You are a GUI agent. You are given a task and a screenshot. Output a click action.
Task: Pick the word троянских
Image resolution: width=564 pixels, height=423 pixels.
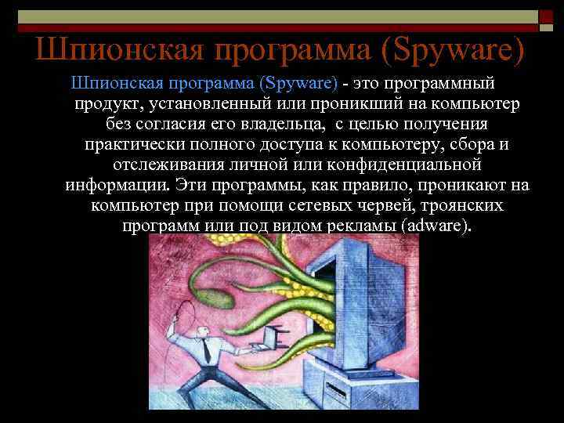coord(460,206)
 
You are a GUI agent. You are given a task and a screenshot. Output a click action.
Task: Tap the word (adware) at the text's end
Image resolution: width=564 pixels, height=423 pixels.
coord(435,226)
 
